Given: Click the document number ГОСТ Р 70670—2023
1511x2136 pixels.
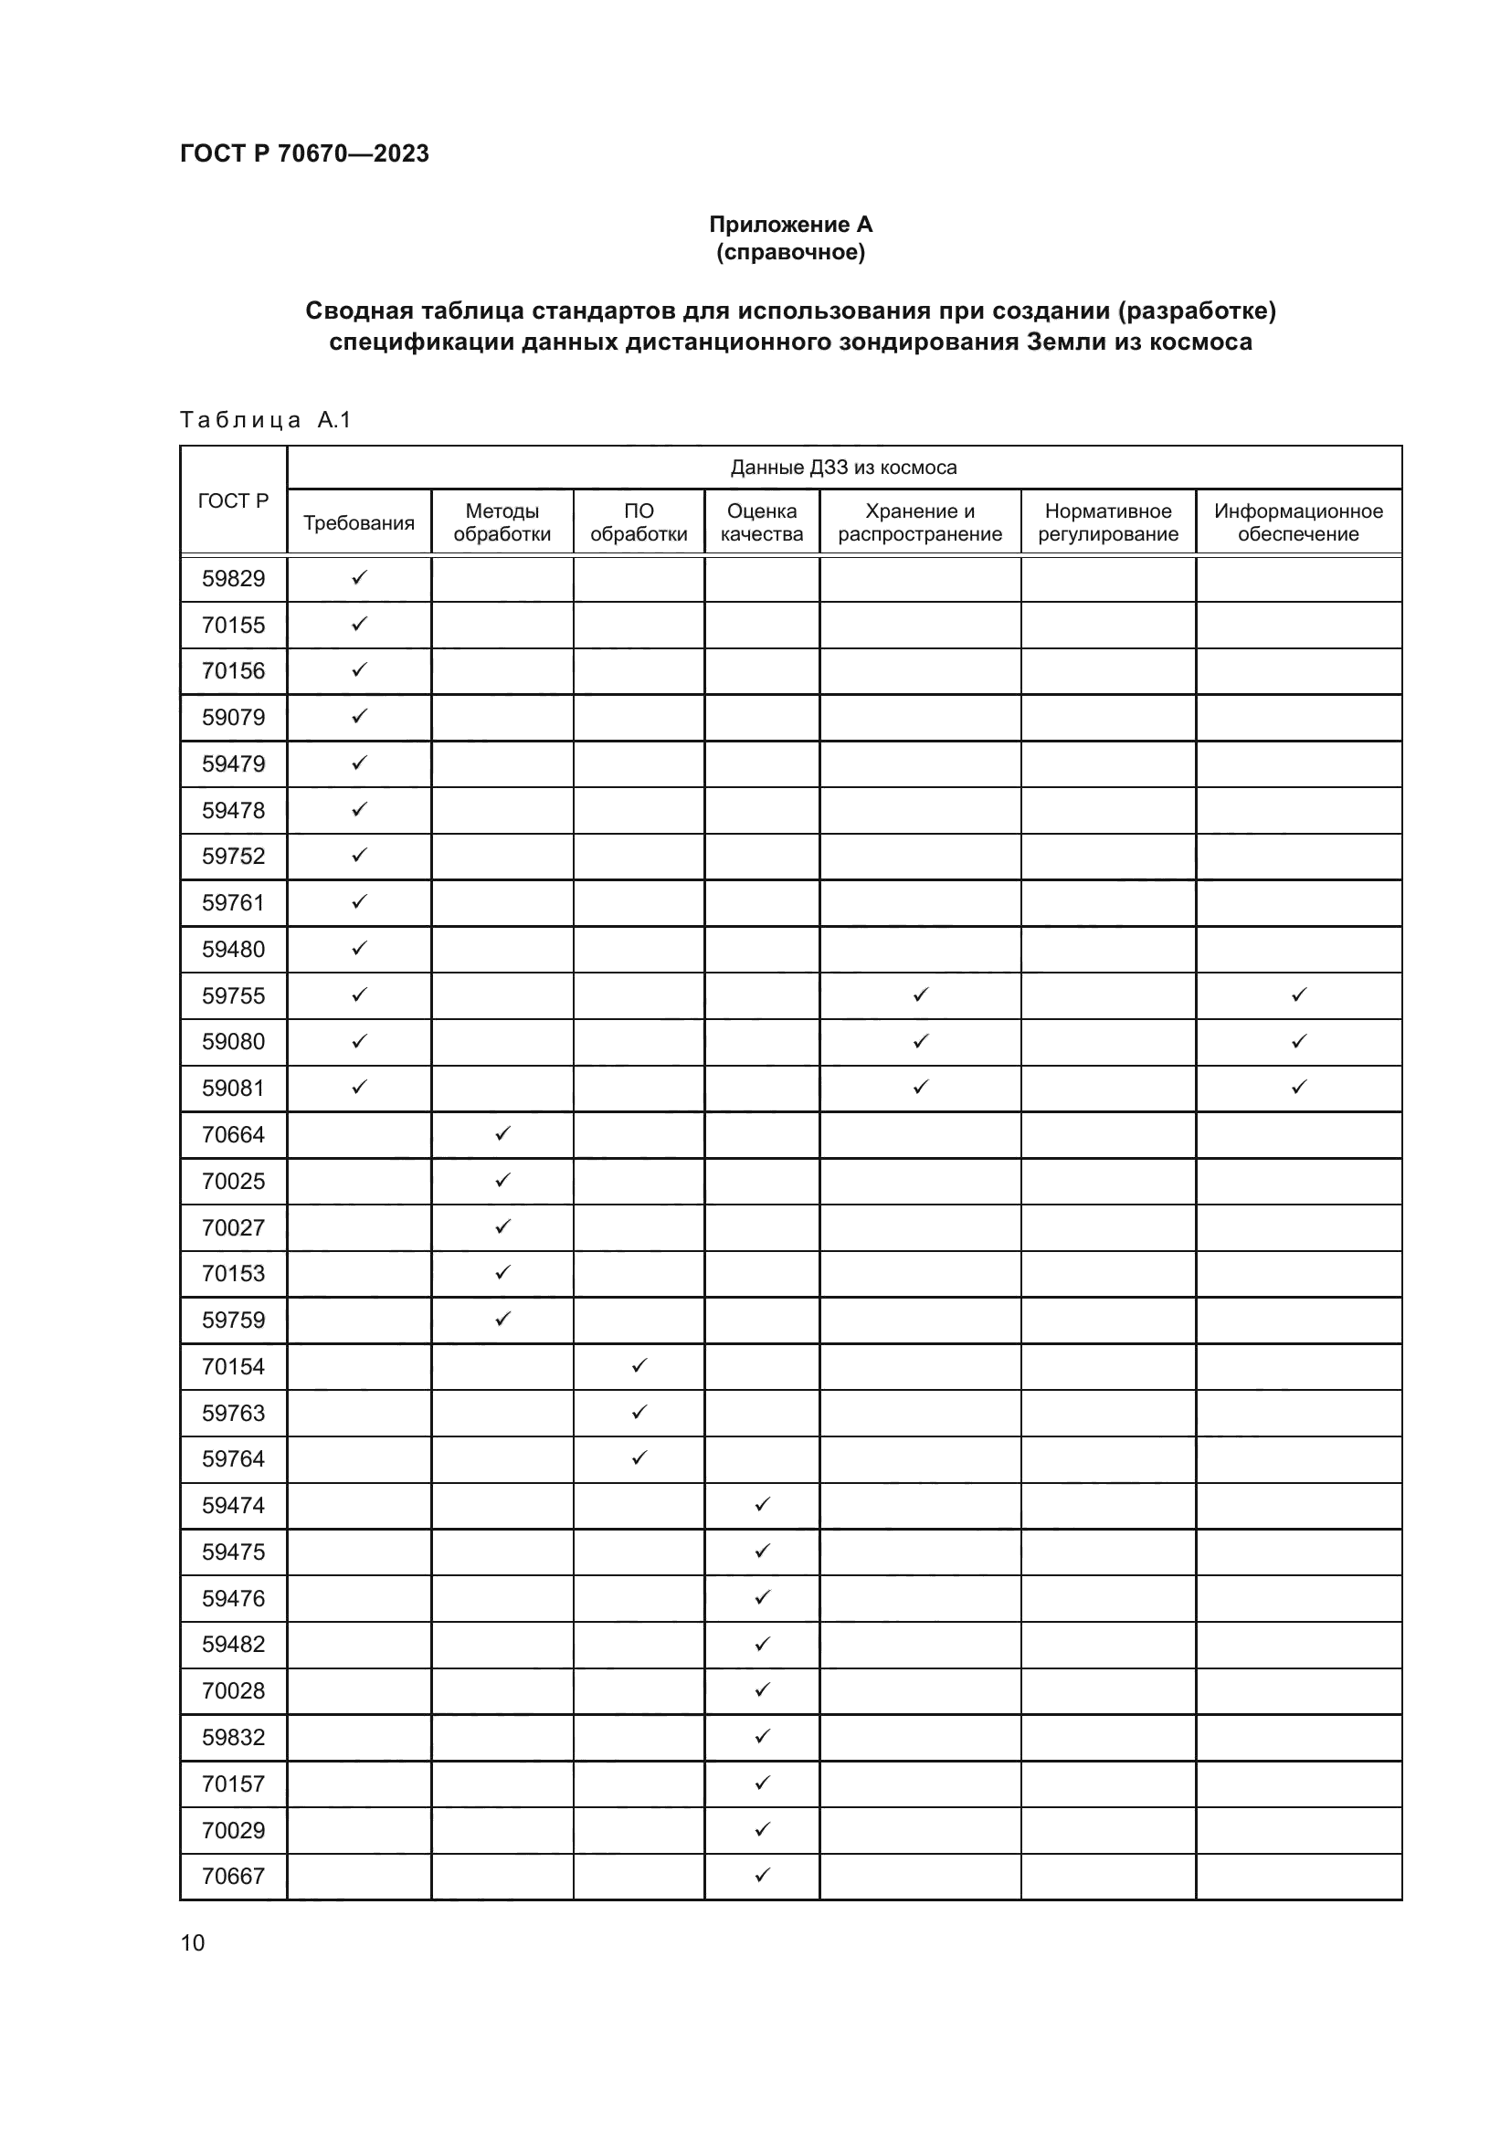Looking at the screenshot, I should pos(304,153).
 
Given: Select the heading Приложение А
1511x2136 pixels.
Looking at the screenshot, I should pos(790,225).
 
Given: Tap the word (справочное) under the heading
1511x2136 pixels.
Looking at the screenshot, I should pos(790,252).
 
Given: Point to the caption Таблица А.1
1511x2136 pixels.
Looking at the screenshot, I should pos(265,420).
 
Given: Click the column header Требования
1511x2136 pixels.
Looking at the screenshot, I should pos(358,523).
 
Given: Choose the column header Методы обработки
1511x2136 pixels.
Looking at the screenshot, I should pos(502,523).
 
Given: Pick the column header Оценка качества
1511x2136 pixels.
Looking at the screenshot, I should pos(761,523).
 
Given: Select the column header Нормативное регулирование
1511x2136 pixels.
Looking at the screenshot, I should pos(1107,523).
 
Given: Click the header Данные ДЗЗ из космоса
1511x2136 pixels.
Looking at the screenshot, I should pos(843,467).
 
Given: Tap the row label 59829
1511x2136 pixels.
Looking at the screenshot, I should pos(234,579).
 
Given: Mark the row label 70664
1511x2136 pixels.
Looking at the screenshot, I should pos(234,1135).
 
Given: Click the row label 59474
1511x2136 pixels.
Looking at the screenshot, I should pos(234,1505).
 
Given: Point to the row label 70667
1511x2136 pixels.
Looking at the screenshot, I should pos(234,1876).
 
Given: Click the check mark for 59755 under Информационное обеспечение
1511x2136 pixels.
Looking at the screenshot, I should pos(1299,994).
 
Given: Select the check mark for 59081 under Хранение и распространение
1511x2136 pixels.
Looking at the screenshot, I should pos(920,1087).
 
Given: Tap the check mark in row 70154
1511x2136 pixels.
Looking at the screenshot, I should pos(639,1365).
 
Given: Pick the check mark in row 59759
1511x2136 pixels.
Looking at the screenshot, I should pos(502,1320).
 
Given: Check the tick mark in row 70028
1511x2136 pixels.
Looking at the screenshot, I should pos(762,1689).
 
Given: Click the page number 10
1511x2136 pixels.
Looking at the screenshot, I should pos(193,1942).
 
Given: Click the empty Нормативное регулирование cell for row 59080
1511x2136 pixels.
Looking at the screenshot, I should pos(1107,1042).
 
